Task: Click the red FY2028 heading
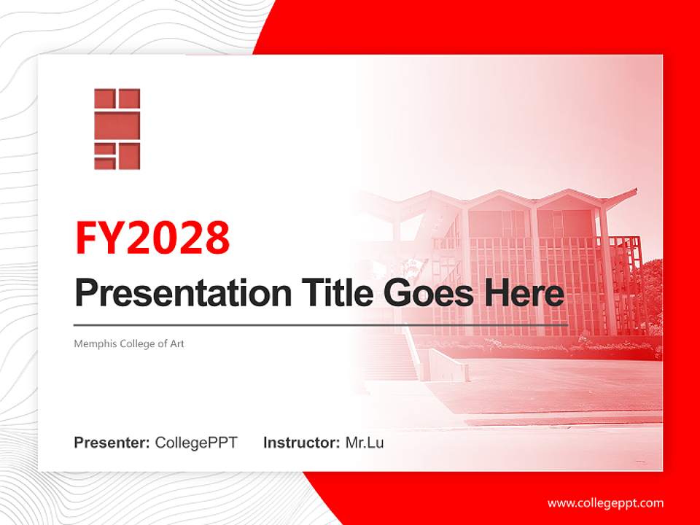152,237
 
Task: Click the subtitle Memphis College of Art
129,343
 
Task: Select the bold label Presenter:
112,443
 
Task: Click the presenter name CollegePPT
196,443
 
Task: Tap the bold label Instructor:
301,443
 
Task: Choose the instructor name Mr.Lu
365,443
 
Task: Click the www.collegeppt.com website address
605,503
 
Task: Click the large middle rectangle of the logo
117,125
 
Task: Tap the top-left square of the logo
104,98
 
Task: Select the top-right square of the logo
128,98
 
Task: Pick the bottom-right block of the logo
128,155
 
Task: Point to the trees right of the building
651,292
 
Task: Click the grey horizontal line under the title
321,324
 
